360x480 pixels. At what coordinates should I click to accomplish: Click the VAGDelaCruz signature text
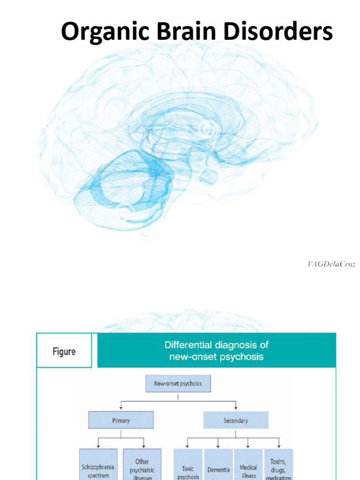(331, 264)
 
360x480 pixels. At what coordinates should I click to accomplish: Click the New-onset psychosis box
(178, 383)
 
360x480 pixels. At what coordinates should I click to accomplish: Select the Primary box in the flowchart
(121, 420)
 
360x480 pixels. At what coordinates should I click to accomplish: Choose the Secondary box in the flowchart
(236, 420)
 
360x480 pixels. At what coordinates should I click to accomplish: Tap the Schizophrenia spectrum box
(98, 466)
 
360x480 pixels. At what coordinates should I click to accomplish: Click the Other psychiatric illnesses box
(142, 466)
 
